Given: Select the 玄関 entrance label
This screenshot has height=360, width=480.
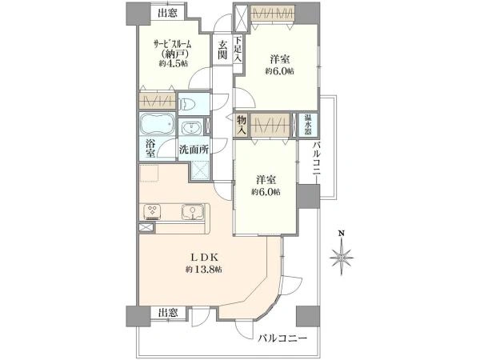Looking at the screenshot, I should [x=222, y=52].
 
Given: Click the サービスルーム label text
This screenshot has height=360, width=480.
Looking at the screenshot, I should [x=170, y=45].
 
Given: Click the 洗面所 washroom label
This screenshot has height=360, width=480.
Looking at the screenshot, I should [x=193, y=149].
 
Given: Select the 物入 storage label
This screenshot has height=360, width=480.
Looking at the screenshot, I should [x=241, y=126].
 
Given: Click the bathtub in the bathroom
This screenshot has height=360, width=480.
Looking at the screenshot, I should [x=155, y=126].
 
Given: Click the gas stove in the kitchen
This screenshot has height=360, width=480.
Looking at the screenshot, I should [x=153, y=212].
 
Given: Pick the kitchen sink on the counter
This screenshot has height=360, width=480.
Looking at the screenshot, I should [x=190, y=212].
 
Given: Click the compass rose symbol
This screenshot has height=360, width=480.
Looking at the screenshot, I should [x=342, y=257].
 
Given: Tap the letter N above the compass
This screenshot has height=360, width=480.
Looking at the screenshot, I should [x=342, y=234].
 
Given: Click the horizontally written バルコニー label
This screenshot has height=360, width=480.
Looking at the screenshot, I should [x=282, y=339].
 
